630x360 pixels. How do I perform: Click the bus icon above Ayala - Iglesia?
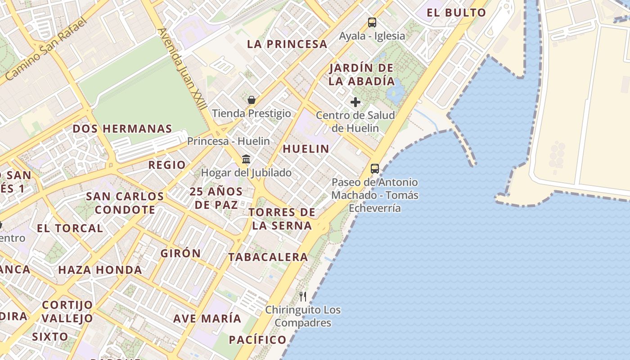click(x=372, y=22)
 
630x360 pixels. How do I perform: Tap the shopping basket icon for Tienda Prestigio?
click(x=252, y=99)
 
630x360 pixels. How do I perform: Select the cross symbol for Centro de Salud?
click(x=355, y=102)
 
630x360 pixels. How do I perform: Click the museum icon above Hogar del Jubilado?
click(x=246, y=159)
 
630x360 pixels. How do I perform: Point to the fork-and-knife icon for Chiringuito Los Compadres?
click(x=303, y=296)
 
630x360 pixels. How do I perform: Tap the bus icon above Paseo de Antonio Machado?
click(x=374, y=169)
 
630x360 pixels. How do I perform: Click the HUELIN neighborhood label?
click(x=306, y=148)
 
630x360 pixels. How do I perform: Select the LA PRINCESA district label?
click(x=287, y=44)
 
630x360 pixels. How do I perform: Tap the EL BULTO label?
click(x=456, y=13)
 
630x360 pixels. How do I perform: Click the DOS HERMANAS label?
click(x=122, y=129)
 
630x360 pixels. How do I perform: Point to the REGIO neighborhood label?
click(x=167, y=165)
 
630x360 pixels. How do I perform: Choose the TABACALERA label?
click(x=268, y=257)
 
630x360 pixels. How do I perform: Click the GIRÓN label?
click(x=181, y=253)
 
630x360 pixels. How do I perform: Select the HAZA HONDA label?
click(x=100, y=270)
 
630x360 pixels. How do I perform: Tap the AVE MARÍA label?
click(x=207, y=318)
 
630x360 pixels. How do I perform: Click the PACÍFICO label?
click(x=257, y=339)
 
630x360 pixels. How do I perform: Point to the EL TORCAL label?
click(x=70, y=228)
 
